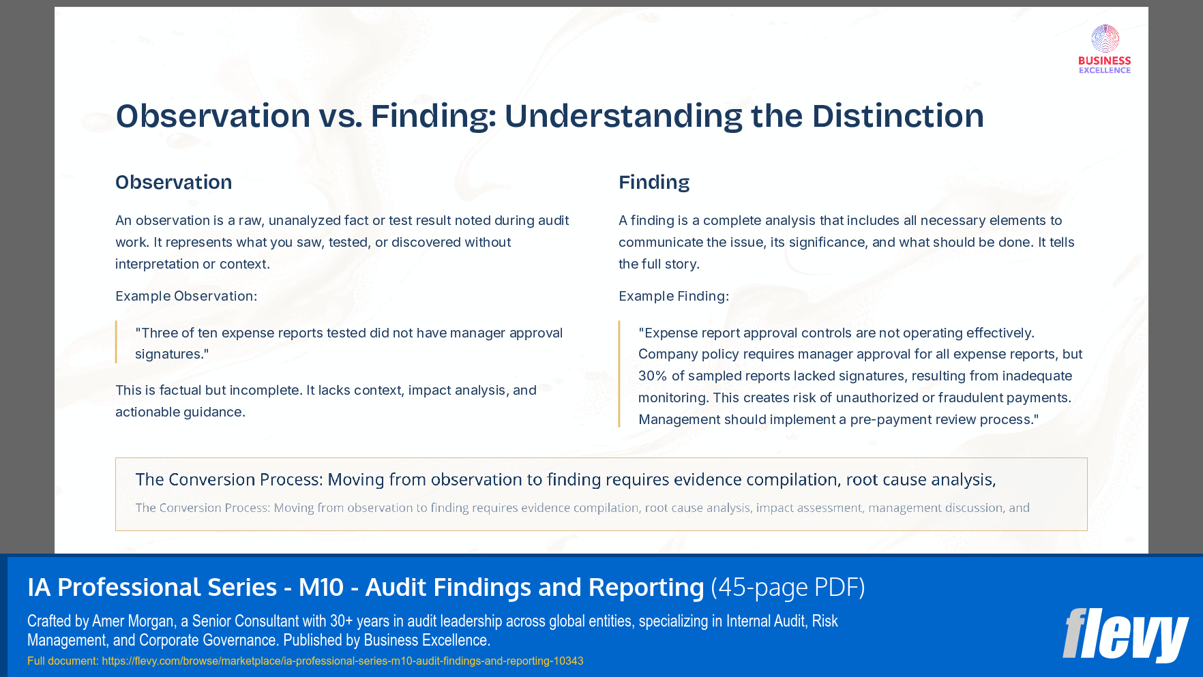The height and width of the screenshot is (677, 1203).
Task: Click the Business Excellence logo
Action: point(1104,49)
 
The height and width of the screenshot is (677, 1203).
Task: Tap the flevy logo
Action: point(1125,635)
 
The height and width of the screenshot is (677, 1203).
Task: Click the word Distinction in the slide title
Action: point(897,116)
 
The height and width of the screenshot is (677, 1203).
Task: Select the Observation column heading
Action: point(173,183)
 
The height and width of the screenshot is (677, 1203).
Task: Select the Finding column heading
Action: point(653,183)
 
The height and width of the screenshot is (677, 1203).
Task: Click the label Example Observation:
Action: point(186,296)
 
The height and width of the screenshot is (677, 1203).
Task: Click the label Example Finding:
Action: point(673,296)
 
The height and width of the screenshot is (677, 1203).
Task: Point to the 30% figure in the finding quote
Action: point(652,376)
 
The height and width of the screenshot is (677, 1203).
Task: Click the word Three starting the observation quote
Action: point(159,333)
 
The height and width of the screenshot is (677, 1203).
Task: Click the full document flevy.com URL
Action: point(342,661)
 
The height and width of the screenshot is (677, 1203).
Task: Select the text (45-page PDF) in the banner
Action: point(788,587)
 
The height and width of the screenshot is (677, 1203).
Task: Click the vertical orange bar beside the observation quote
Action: point(117,342)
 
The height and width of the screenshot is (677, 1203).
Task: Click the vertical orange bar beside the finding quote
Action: point(619,374)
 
